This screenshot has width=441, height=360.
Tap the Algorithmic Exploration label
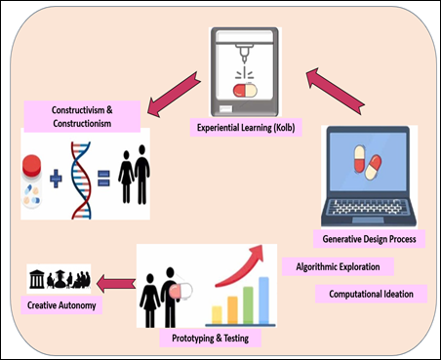coord(338,265)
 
